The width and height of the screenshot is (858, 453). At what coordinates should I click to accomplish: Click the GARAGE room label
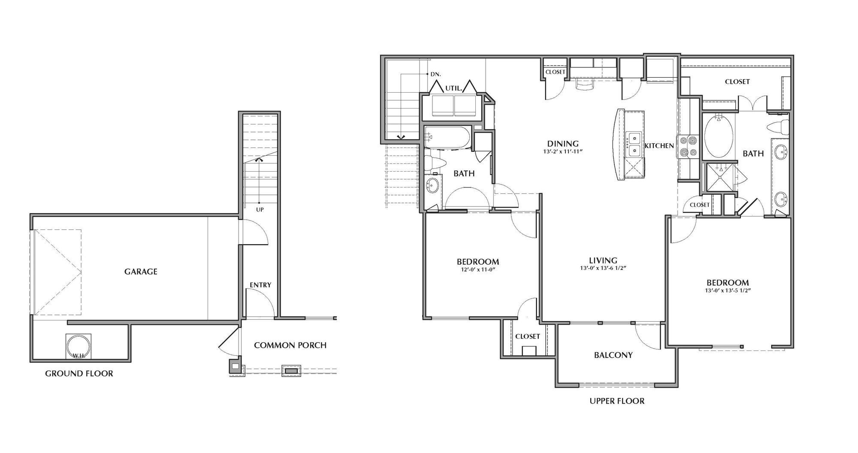coord(141,272)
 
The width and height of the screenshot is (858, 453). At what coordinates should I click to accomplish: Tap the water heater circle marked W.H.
coord(79,346)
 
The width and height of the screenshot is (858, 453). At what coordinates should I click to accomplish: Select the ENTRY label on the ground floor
coord(260,285)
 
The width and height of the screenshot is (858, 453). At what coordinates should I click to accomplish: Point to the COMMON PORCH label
coord(290,345)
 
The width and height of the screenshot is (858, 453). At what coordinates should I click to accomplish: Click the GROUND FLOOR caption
coord(79,374)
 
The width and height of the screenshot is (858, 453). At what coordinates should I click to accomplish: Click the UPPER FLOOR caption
coord(617,402)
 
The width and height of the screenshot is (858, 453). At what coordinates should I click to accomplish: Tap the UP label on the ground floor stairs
coord(260,210)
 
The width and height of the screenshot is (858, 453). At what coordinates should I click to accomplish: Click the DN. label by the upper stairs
coord(435,74)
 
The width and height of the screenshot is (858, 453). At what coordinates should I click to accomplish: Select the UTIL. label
coord(453,88)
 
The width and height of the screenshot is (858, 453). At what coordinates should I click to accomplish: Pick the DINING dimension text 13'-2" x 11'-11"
coord(563,151)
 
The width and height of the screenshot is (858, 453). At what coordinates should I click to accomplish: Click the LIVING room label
coord(603,260)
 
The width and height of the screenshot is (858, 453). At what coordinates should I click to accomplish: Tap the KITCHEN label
coord(659,146)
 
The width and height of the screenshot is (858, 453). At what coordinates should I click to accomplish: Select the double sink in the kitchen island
coord(633,145)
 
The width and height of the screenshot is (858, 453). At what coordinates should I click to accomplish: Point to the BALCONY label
coord(613,355)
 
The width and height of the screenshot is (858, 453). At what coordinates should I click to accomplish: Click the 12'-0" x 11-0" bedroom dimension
coord(477,270)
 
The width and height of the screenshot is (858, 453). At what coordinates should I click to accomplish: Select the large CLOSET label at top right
coord(737,82)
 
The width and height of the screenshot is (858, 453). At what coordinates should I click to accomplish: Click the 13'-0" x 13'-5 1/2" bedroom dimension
coord(728,290)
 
